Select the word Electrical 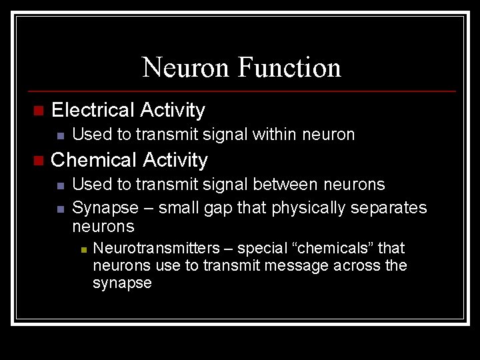(93, 109)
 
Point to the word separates (393, 208)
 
